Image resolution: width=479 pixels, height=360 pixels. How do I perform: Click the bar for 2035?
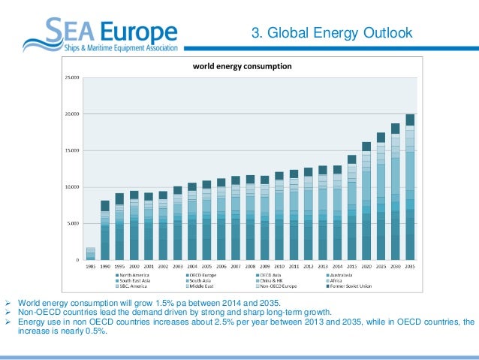[410, 187]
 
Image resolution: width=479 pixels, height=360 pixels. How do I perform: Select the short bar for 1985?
[91, 254]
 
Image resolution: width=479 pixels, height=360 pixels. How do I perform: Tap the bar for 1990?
[105, 230]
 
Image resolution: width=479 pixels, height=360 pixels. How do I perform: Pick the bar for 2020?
[366, 201]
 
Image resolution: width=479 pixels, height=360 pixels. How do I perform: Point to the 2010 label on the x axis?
[279, 266]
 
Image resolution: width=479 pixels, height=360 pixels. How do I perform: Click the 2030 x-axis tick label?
[396, 266]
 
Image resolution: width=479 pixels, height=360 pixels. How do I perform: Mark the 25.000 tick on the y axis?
[71, 77]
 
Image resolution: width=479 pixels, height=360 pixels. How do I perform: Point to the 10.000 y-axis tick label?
[71, 187]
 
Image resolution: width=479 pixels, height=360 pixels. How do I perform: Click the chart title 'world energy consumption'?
[242, 66]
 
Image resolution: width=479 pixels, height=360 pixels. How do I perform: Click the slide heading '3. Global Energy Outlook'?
[331, 33]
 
